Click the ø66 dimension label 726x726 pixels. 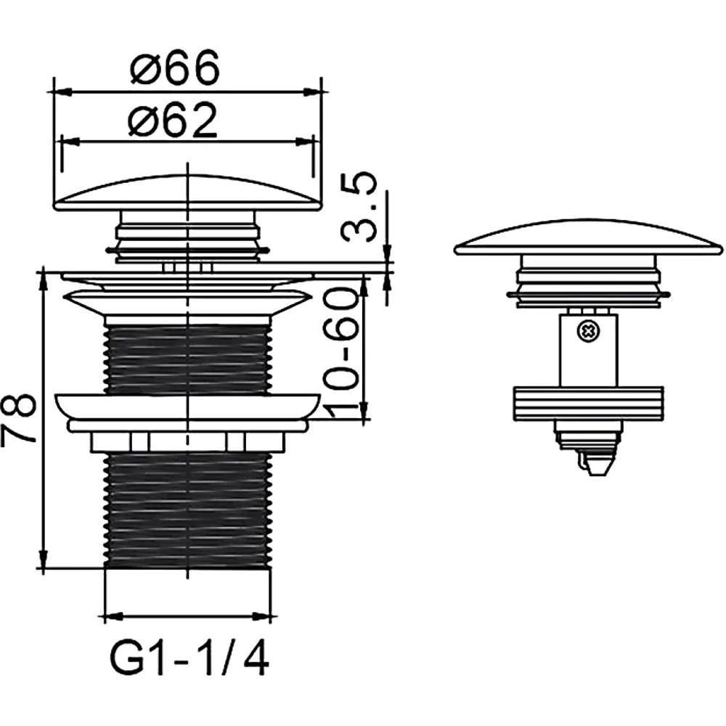click(174, 67)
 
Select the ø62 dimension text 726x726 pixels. click(172, 119)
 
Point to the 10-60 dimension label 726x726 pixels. click(343, 352)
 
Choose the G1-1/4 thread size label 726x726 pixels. click(189, 659)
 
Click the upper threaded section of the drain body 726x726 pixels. click(187, 359)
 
